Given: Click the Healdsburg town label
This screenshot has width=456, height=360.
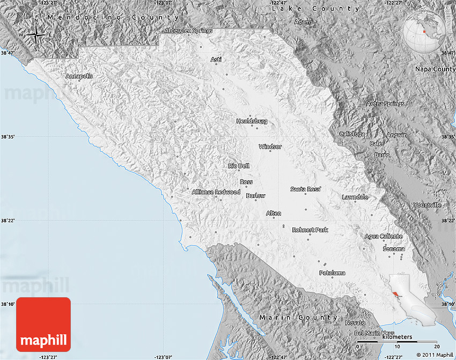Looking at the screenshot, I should [x=252, y=121].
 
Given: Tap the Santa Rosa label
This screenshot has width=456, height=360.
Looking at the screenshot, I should [x=305, y=189].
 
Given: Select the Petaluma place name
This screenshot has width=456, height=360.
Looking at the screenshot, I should [x=332, y=273].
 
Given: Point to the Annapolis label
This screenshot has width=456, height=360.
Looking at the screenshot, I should [x=79, y=76].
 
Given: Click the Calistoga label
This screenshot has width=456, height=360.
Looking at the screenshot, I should [x=352, y=134].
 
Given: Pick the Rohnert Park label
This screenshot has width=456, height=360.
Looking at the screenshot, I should [x=310, y=230].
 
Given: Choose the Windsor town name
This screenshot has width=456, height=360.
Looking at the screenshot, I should [x=270, y=146].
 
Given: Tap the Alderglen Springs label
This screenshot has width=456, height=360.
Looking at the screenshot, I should [x=188, y=31].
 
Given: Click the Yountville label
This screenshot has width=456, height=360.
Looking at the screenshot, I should [x=428, y=205].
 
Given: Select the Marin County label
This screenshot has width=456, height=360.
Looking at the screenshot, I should [x=299, y=318].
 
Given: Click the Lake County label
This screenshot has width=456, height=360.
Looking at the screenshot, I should [x=316, y=9].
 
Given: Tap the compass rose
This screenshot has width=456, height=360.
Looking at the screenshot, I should [x=36, y=35].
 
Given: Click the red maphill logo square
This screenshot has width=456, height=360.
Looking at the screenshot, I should [x=43, y=324].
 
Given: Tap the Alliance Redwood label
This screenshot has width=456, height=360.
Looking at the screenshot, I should [x=216, y=192].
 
